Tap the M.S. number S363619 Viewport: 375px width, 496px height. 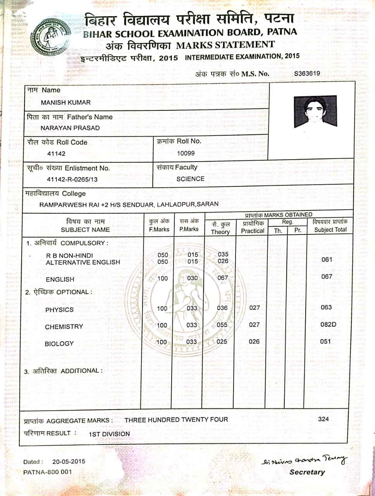pos(307,73)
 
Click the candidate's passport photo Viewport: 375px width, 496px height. pos(315,111)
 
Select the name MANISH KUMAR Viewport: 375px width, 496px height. pos(66,103)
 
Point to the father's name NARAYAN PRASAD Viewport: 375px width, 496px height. pos(70,128)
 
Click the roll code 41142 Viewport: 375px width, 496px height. pos(56,153)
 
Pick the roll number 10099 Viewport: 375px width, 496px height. pos(186,153)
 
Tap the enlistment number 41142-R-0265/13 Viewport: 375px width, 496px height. pos(72,179)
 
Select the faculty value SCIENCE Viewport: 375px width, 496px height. pos(190,179)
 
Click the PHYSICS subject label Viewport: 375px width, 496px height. pos(59,310)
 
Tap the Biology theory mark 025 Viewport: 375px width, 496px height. pos(222,342)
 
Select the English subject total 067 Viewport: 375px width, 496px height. pos(327,277)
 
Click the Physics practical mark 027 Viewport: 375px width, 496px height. pos(254,308)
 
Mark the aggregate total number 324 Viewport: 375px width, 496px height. pos(323,419)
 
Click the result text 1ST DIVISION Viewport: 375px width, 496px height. pos(109,434)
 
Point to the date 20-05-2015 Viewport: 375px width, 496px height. pos(69,462)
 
